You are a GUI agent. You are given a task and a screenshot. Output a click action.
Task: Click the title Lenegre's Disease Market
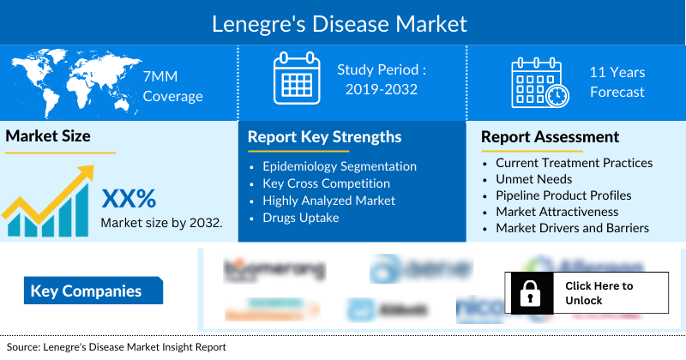340,23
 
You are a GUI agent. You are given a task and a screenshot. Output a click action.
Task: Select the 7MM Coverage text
172,87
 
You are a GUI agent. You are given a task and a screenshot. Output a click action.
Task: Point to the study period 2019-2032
382,79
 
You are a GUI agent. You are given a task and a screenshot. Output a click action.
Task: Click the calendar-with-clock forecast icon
539,82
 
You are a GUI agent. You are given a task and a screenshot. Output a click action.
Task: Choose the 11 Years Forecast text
617,82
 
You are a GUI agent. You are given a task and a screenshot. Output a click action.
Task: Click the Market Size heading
48,135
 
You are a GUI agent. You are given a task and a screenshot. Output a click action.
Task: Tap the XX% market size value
129,199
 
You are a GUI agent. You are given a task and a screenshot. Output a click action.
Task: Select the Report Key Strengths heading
324,137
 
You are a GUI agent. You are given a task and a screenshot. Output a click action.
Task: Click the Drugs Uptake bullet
302,218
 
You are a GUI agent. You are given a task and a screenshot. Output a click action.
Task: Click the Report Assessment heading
550,137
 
